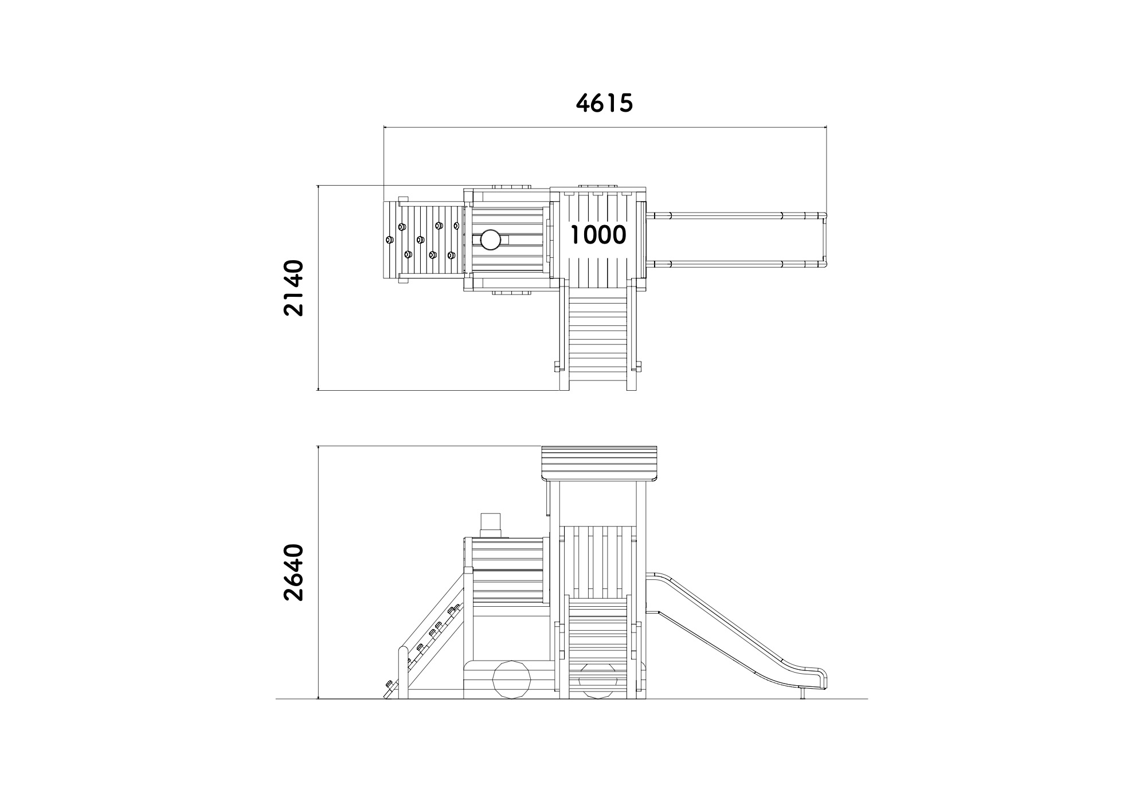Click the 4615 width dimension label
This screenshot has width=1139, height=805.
604,103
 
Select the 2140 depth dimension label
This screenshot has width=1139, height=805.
294,288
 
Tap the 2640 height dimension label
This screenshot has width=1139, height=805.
294,572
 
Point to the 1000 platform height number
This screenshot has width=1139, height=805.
598,235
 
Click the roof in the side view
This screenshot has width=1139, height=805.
600,464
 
